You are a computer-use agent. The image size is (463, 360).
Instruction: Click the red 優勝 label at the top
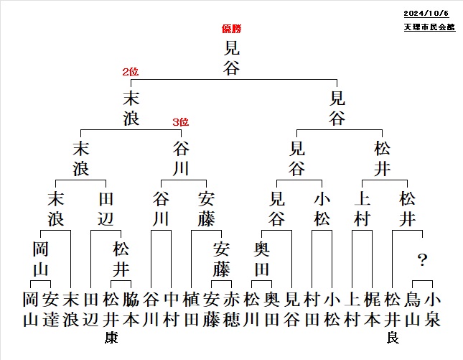pyautogui.click(x=232, y=29)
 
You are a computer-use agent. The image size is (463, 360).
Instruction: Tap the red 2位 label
pyautogui.click(x=131, y=72)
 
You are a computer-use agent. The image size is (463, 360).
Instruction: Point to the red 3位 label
pyautogui.click(x=181, y=121)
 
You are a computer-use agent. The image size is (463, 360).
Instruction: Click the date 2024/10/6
pyautogui.click(x=426, y=14)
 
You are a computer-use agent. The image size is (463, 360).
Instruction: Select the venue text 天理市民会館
pyautogui.click(x=430, y=27)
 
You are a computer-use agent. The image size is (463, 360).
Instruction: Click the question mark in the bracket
pyautogui.click(x=423, y=260)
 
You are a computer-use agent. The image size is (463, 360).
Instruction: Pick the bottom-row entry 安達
pyautogui.click(x=51, y=310)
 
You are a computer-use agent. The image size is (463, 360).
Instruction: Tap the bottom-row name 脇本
pyautogui.click(x=131, y=310)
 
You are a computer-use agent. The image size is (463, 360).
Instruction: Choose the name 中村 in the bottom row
pyautogui.click(x=172, y=310)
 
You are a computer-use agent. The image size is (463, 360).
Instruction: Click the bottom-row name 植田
pyautogui.click(x=192, y=310)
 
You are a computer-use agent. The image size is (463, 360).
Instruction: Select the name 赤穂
pyautogui.click(x=231, y=310)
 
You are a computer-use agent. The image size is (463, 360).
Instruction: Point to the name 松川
pyautogui.click(x=251, y=310)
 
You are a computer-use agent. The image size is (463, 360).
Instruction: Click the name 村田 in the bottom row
pyautogui.click(x=312, y=310)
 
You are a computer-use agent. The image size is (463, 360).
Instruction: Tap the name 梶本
pyautogui.click(x=372, y=310)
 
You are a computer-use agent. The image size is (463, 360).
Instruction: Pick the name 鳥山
pyautogui.click(x=413, y=310)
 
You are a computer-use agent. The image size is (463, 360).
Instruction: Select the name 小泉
pyautogui.click(x=433, y=310)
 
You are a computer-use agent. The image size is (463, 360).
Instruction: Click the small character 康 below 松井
pyautogui.click(x=111, y=338)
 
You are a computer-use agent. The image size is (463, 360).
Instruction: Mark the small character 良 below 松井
pyautogui.click(x=393, y=338)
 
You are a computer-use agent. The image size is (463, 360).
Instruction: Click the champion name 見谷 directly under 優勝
pyautogui.click(x=231, y=57)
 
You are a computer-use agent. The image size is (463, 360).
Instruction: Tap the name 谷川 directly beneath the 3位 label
pyautogui.click(x=181, y=158)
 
